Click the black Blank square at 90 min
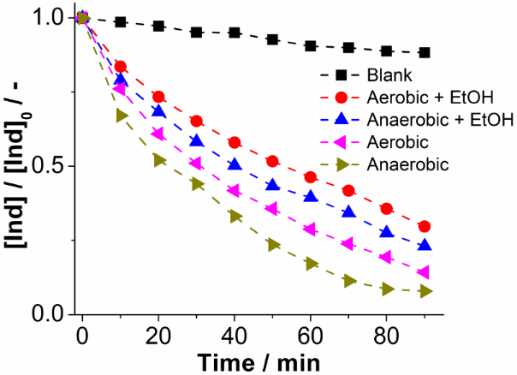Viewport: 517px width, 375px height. click(x=425, y=52)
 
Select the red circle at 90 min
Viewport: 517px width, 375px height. click(x=425, y=227)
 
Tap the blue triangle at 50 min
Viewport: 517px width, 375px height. click(x=272, y=185)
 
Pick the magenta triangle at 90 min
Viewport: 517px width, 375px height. click(x=425, y=272)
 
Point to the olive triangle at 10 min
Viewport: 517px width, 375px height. click(x=121, y=115)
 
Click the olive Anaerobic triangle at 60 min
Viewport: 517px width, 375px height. click(x=311, y=264)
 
